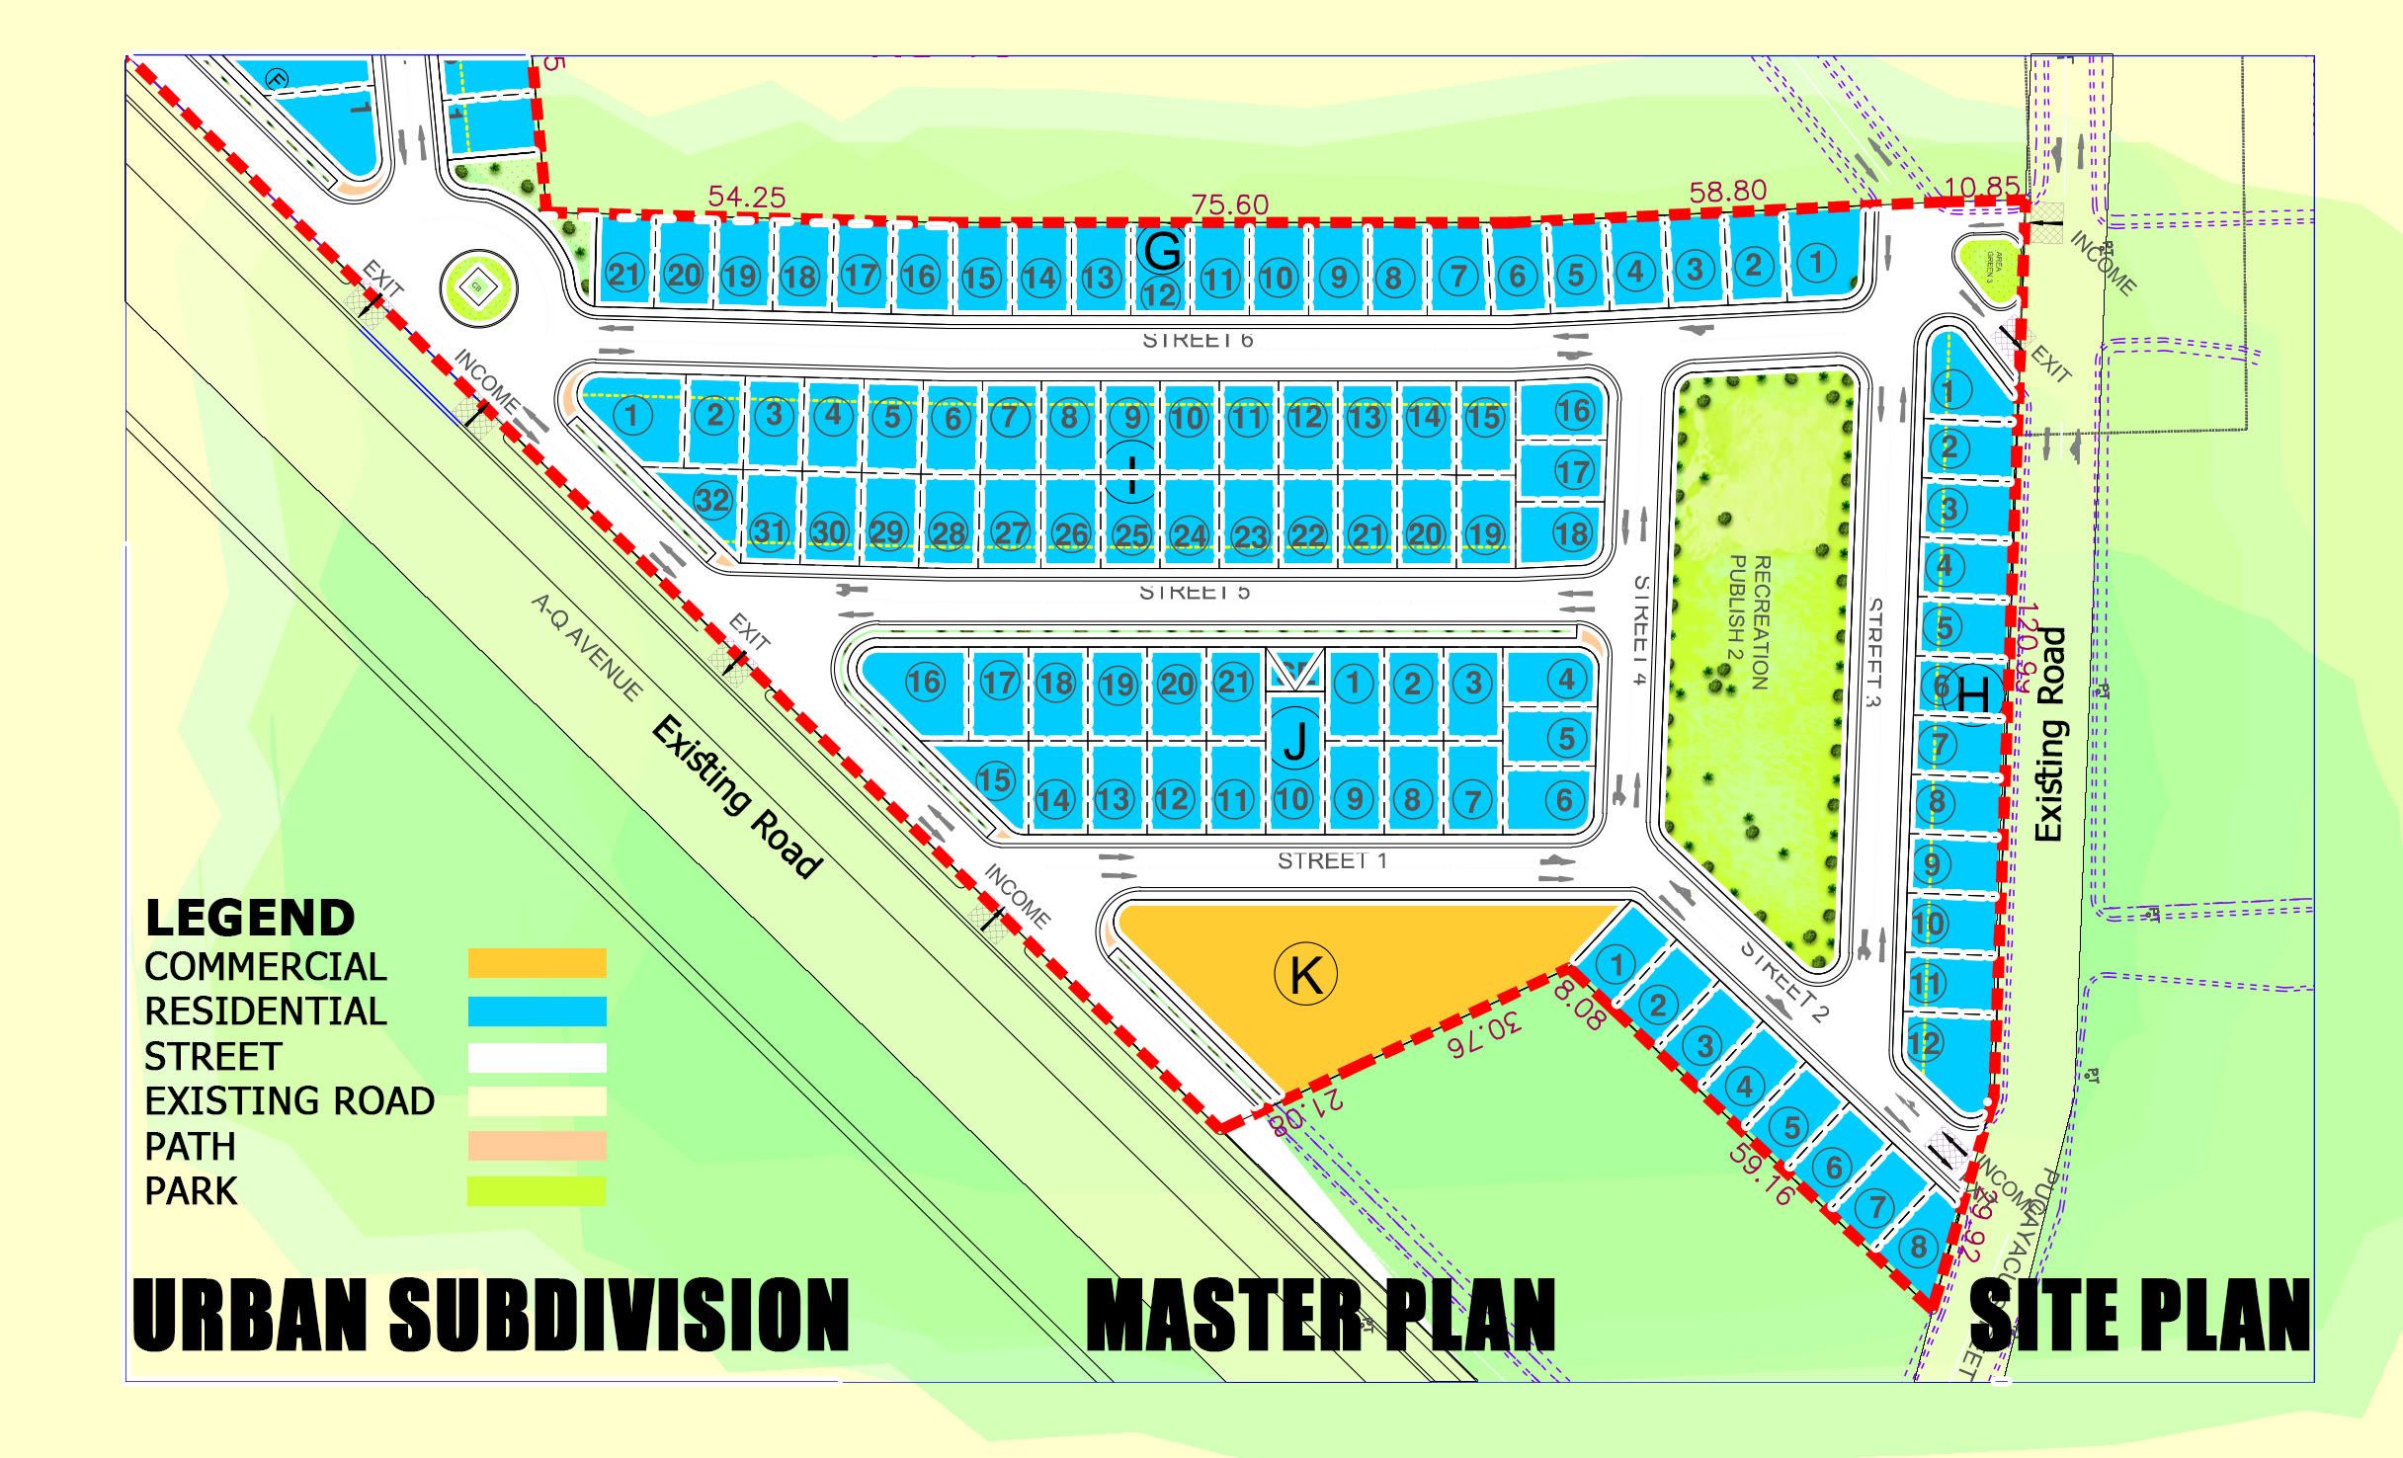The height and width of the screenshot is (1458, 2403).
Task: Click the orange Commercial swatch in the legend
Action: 537,963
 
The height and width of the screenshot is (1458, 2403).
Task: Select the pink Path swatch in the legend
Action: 537,1146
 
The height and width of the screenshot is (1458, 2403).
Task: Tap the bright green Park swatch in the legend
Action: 537,1191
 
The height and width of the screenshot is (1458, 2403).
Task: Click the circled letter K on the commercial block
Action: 1306,975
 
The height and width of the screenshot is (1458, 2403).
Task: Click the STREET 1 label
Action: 1332,861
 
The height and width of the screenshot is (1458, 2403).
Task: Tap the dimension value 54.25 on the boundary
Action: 747,198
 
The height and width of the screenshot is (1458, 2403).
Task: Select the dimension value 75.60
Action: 1229,205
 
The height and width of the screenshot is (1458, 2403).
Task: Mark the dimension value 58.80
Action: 1727,192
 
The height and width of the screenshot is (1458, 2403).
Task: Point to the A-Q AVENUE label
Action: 587,647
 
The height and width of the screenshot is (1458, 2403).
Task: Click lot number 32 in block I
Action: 712,501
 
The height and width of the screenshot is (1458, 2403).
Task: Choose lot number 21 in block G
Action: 624,274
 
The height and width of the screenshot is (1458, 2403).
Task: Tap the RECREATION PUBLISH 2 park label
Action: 1748,621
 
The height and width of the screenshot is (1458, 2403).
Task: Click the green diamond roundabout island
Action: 478,288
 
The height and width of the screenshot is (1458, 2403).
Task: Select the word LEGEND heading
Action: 250,918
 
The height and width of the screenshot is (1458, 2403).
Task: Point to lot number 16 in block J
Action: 925,682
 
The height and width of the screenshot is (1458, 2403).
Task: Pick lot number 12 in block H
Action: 1925,1043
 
